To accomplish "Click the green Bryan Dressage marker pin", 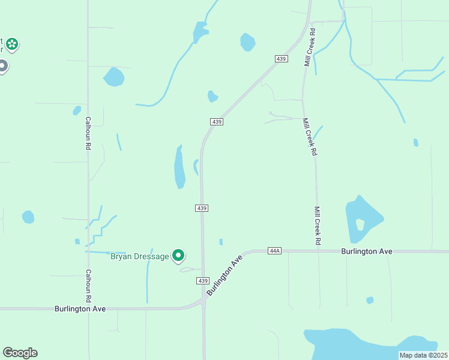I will pos(178,256).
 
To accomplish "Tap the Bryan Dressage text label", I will pos(140,256).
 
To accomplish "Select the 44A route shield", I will pos(275,251).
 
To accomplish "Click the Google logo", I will pos(20,353).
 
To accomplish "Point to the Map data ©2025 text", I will pos(423,355).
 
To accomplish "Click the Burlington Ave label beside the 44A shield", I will pos(367,251).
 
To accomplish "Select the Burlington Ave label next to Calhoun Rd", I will pos(80,308).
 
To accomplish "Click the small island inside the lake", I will pos(360,224).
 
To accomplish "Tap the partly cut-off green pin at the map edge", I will pos(11,44).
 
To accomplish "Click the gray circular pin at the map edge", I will pos(2,66).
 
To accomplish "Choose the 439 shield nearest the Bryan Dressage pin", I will pos(202,281).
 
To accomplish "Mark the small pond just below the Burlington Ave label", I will pos(370,300).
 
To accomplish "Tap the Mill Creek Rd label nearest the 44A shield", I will pos(318,226).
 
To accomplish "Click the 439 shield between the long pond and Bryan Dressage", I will pos(202,208).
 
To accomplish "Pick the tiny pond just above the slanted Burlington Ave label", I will pos(221,242).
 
